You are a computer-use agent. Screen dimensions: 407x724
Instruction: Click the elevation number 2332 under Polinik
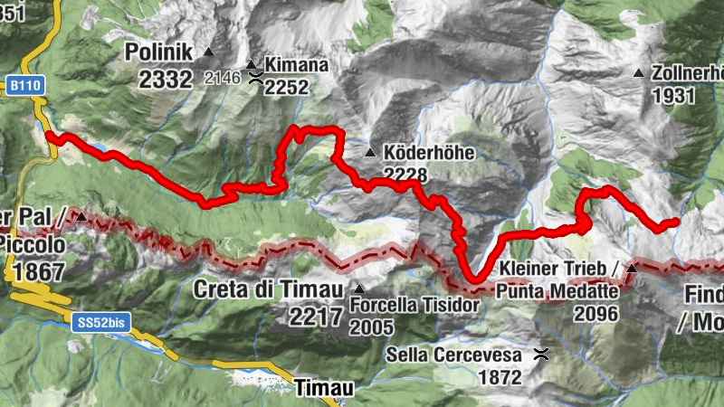click(167, 79)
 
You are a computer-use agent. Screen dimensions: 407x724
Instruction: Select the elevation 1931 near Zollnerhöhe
click(672, 95)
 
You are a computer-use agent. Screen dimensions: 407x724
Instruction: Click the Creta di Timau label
click(269, 290)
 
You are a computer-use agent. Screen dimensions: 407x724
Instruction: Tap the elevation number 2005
click(373, 327)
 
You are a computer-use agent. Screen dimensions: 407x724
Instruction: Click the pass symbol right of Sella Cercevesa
click(541, 354)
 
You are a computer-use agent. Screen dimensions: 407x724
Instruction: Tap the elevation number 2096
click(595, 314)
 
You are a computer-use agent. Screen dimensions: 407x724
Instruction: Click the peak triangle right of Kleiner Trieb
click(632, 269)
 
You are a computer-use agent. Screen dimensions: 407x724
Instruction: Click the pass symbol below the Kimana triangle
click(257, 78)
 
